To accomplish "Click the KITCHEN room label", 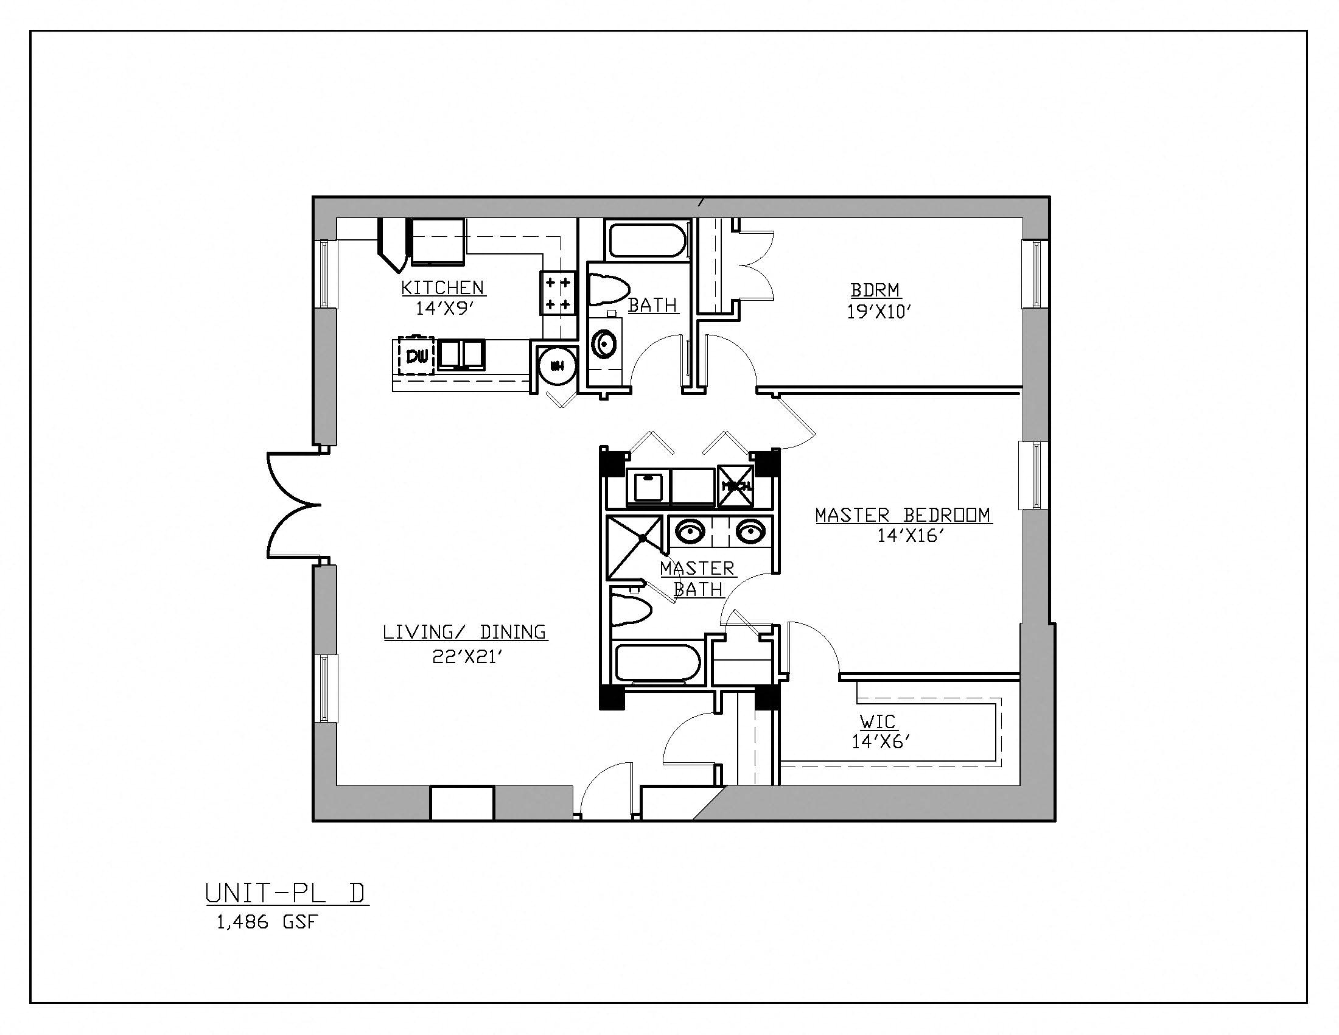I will [x=442, y=287].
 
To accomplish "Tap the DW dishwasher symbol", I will [x=417, y=356].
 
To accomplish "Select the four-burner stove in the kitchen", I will [x=558, y=293].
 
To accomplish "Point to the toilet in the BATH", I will [x=609, y=289].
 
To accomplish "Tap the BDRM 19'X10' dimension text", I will [x=875, y=312].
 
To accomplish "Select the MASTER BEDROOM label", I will [x=903, y=515].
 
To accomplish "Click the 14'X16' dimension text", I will [x=909, y=536].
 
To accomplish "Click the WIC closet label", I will [x=877, y=721].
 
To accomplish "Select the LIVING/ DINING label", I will [x=465, y=632].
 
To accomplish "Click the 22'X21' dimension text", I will [x=467, y=658].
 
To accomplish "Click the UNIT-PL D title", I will [x=286, y=893].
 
